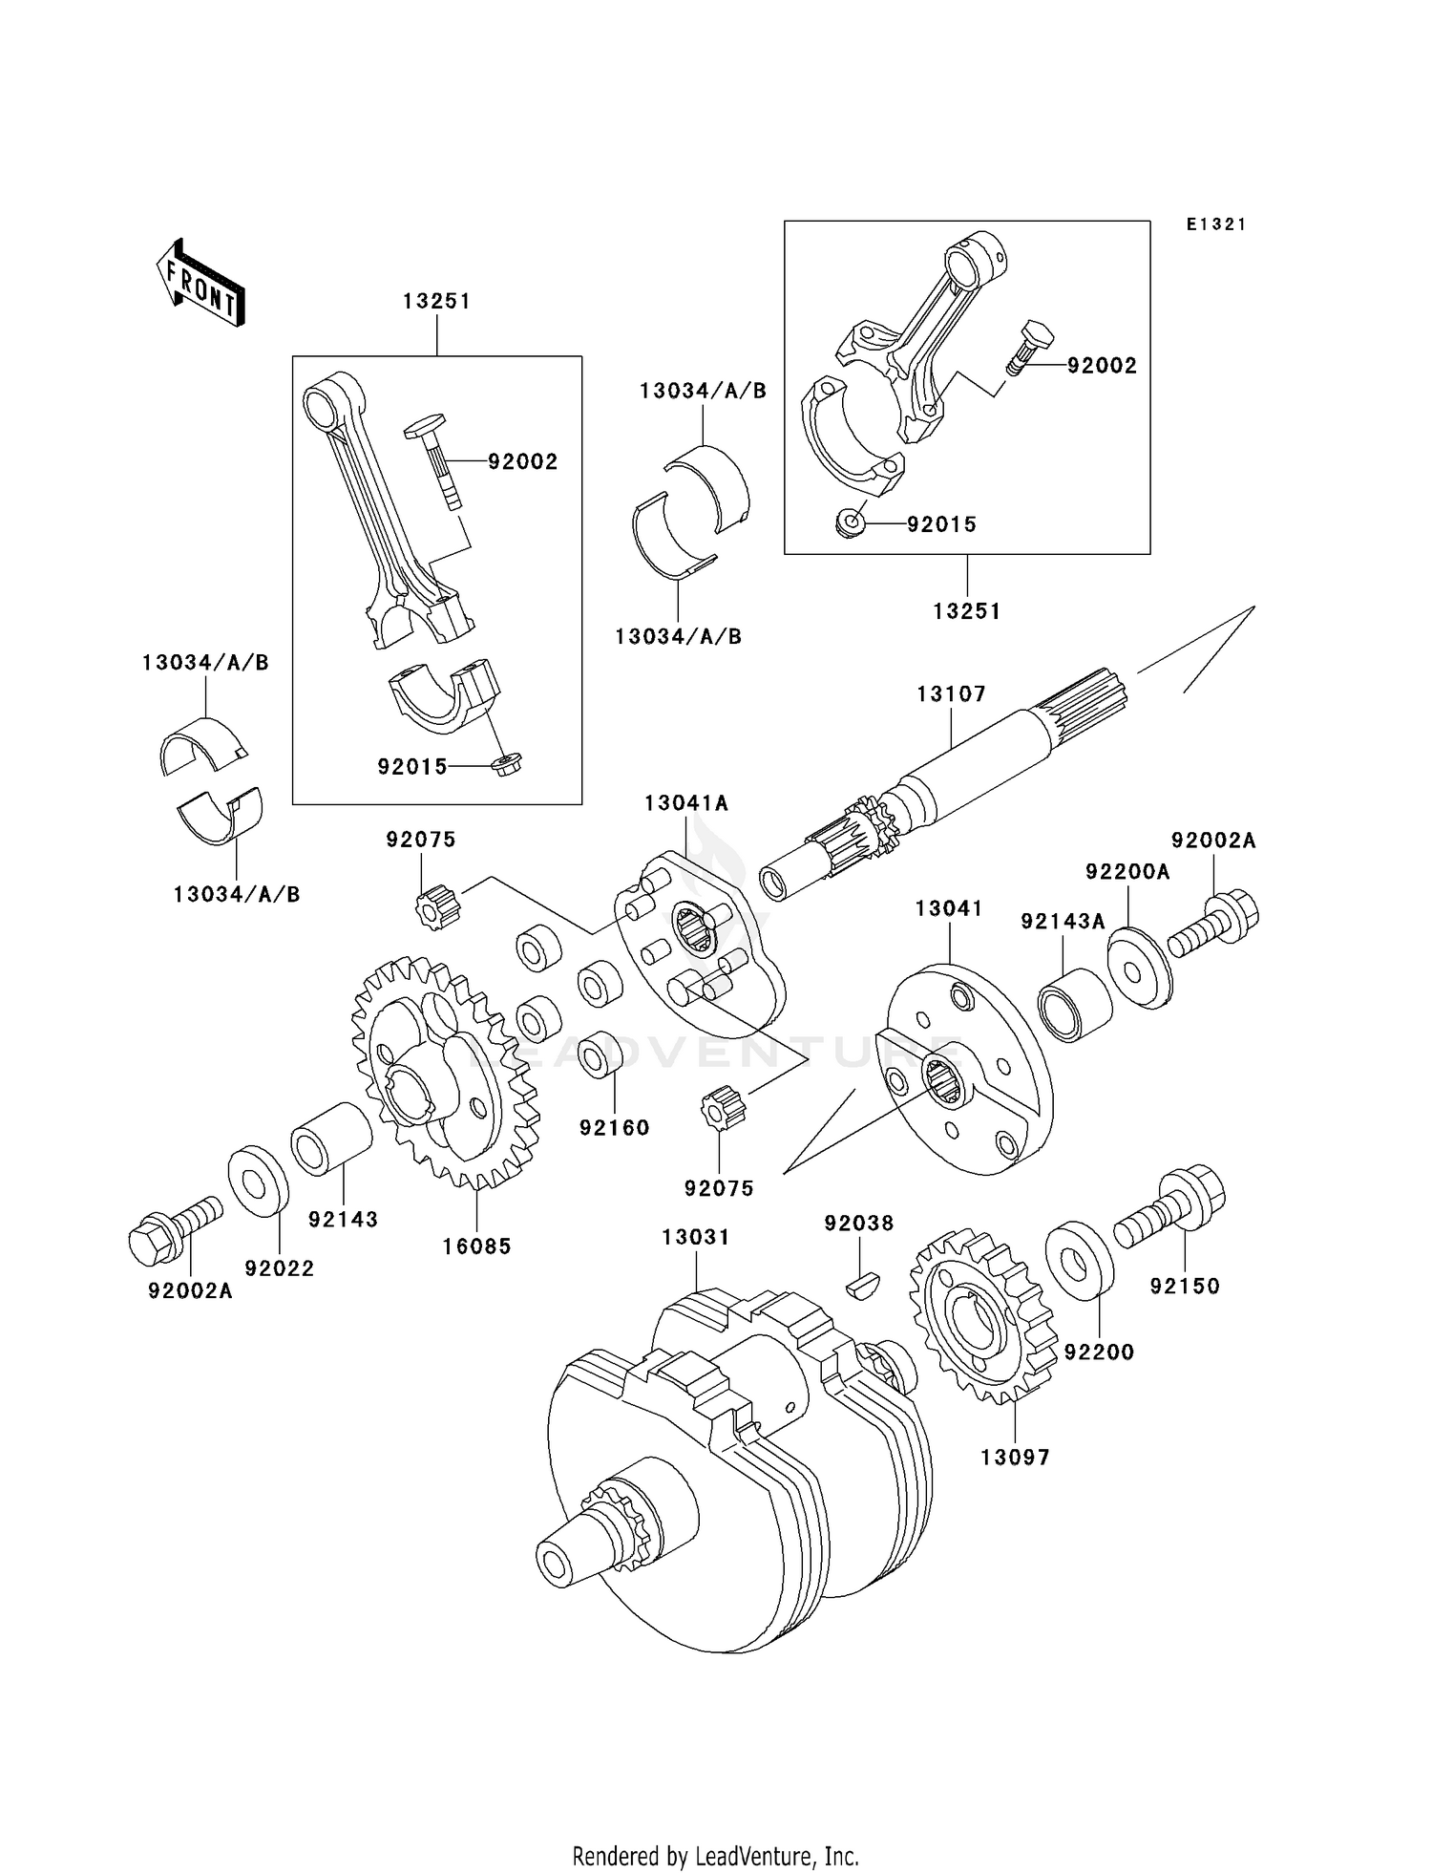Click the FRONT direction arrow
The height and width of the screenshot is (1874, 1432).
(x=201, y=284)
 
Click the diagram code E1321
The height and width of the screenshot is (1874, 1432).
(x=1216, y=224)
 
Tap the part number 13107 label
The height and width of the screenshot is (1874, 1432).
(x=951, y=694)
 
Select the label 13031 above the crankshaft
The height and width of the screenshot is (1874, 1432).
(x=696, y=1237)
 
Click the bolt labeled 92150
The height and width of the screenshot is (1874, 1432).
(x=1172, y=1208)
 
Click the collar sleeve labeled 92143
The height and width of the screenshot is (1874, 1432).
(x=331, y=1138)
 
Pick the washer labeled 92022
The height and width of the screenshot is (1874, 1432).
(x=258, y=1181)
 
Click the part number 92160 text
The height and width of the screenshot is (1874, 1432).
(x=614, y=1128)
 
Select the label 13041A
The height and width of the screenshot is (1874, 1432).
(x=685, y=803)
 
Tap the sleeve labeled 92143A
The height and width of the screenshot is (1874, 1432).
(x=1075, y=1004)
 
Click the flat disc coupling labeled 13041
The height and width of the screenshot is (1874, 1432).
(x=964, y=1070)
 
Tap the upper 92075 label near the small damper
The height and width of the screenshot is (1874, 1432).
(x=421, y=840)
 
